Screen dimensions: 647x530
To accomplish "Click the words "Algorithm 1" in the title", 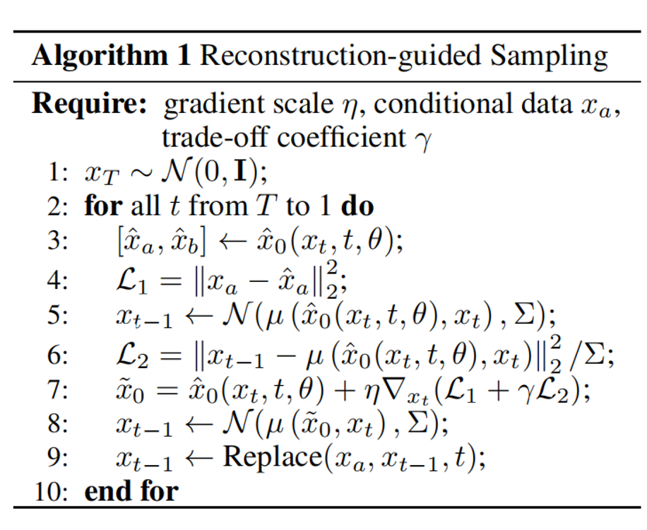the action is tap(111, 56).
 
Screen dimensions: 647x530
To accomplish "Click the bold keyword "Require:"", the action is tap(90, 105).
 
